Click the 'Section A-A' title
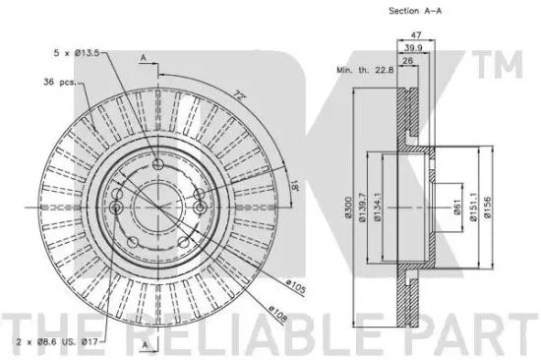pyautogui.click(x=415, y=11)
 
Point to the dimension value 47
pyautogui.click(x=416, y=35)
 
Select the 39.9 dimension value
pyautogui.click(x=413, y=48)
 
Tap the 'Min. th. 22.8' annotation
pyautogui.click(x=365, y=70)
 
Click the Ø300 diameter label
pyautogui.click(x=348, y=208)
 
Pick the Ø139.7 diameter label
pyautogui.click(x=362, y=207)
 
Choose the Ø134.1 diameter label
pyautogui.click(x=377, y=207)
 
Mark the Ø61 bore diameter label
pyautogui.click(x=457, y=208)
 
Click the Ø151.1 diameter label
pyautogui.click(x=473, y=207)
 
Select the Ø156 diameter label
pyautogui.click(x=487, y=208)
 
